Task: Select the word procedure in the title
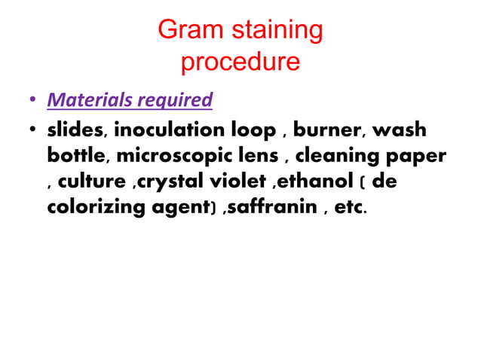click(240, 62)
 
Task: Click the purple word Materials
click(86, 99)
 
